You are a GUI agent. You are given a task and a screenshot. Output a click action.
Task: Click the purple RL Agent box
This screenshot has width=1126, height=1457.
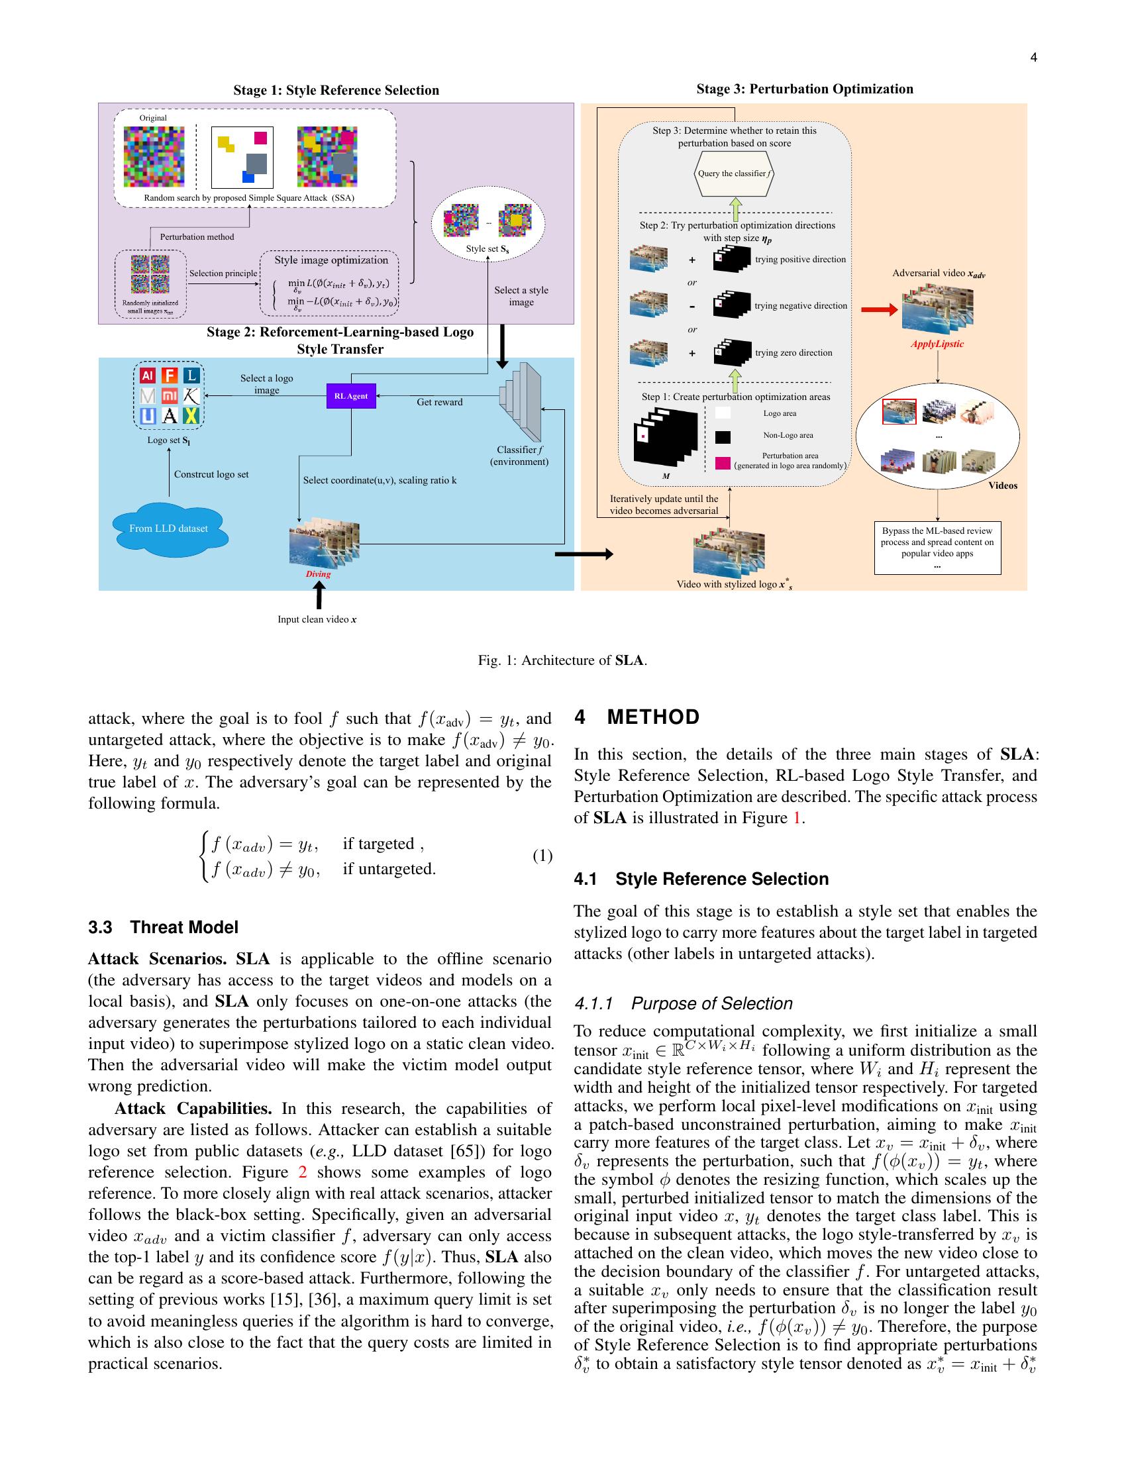(351, 395)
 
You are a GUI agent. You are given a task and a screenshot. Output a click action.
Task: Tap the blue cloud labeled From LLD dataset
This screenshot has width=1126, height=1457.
(169, 528)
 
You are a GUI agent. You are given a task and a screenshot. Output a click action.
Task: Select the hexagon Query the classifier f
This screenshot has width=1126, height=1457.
(734, 174)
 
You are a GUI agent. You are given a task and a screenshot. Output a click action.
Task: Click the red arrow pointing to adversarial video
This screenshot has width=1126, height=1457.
(879, 309)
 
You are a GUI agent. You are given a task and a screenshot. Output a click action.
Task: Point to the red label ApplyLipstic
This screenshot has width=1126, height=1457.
(937, 344)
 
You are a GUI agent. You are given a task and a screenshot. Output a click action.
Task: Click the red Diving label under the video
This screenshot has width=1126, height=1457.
(318, 574)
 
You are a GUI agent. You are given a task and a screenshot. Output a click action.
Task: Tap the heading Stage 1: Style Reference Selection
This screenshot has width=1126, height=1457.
(336, 91)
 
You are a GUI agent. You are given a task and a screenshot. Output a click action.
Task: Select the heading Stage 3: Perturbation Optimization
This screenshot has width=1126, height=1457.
(805, 89)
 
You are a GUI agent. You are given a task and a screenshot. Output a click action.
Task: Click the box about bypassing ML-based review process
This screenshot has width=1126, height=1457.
(937, 547)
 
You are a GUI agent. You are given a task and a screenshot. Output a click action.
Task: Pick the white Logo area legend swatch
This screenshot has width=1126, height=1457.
(723, 414)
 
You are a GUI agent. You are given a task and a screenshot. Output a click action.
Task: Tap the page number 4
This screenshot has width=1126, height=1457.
(1033, 58)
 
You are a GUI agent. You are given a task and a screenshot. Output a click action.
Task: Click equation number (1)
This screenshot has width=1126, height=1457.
(542, 856)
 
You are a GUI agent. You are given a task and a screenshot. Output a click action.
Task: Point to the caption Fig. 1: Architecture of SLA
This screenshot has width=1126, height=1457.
(562, 660)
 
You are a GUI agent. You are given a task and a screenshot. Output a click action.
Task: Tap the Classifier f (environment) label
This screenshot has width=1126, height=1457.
(519, 456)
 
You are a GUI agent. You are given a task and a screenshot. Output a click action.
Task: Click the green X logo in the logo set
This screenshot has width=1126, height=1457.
(191, 416)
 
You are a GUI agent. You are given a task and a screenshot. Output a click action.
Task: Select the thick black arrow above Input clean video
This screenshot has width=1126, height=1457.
(319, 596)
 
